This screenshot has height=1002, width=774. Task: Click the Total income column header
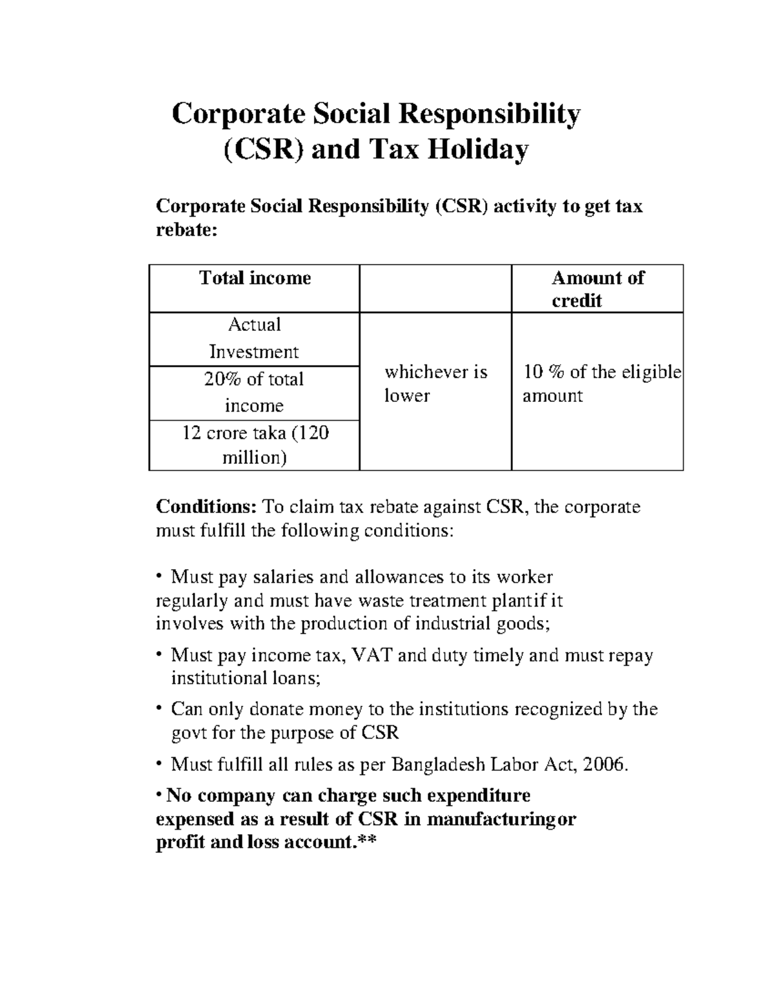point(255,278)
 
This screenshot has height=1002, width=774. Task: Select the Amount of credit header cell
point(597,288)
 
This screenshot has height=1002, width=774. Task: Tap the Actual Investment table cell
point(254,338)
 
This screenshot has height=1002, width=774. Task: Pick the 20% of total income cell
point(254,392)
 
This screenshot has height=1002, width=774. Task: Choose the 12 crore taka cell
point(255,445)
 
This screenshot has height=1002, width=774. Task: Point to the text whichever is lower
point(435,383)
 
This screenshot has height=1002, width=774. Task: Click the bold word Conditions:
point(207,507)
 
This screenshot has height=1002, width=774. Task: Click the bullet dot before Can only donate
point(159,709)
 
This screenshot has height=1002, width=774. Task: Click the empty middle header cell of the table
point(435,288)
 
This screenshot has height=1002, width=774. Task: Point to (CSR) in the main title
point(262,150)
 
